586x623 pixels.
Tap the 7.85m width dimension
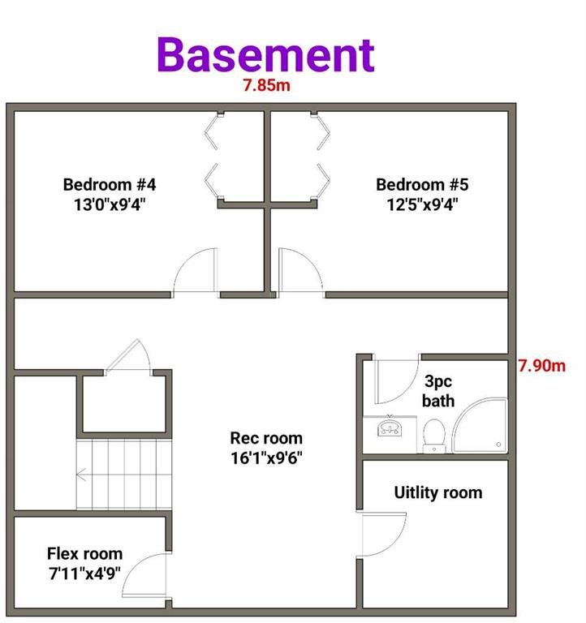coord(267,85)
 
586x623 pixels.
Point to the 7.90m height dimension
coord(542,366)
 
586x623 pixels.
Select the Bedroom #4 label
coord(110,184)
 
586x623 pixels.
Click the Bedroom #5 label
coord(422,184)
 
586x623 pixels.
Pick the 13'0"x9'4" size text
coord(110,204)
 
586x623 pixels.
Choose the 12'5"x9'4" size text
coord(423,204)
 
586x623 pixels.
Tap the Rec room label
coord(266,438)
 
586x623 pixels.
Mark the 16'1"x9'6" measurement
coord(266,458)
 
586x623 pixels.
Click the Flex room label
coord(84,553)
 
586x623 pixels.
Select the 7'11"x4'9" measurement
coord(84,574)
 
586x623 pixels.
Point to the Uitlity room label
coord(438,492)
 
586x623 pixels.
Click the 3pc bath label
coord(438,391)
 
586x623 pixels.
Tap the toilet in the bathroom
coord(433,436)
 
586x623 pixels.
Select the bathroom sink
coord(390,428)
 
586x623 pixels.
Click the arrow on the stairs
coord(81,475)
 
